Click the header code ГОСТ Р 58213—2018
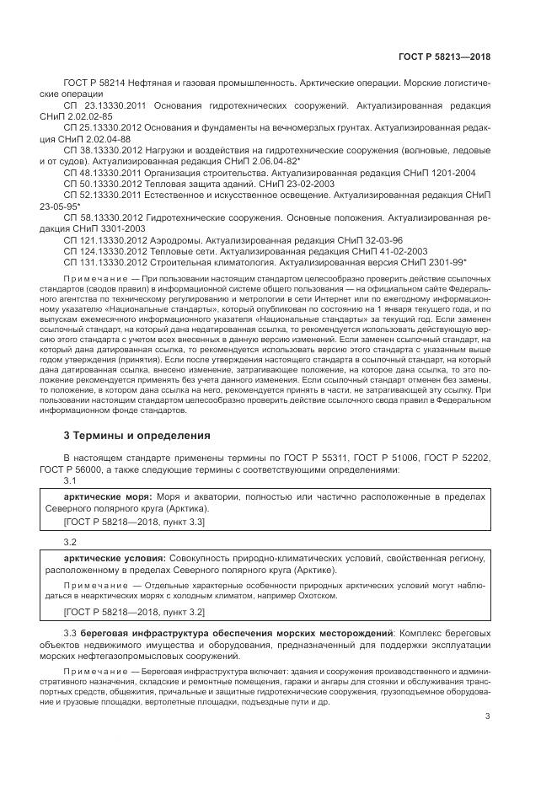pos(444,56)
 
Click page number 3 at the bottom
pos(488,717)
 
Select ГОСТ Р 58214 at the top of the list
pos(93,84)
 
